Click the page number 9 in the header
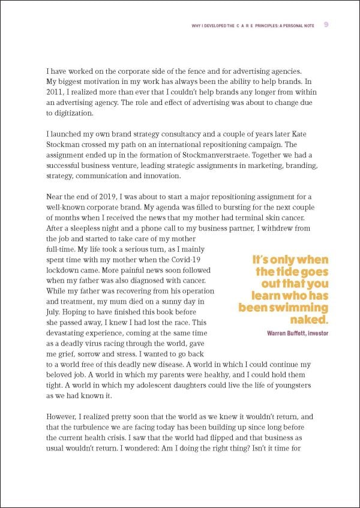(325, 25)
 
